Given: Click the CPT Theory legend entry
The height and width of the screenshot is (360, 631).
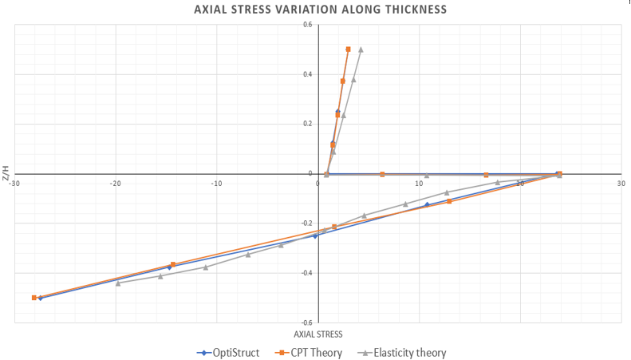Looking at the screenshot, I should click(x=309, y=352).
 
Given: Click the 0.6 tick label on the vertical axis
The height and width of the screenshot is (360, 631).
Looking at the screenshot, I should click(x=307, y=25).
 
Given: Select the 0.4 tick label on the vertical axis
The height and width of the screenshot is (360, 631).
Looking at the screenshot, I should click(x=307, y=74).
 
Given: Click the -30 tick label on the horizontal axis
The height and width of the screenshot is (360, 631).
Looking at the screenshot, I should click(x=14, y=183).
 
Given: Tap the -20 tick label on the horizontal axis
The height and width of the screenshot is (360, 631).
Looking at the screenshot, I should click(x=116, y=183).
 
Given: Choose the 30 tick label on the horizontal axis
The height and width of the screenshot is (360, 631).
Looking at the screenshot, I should click(x=621, y=183).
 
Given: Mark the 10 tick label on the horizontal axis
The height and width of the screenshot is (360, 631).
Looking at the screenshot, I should click(x=420, y=183).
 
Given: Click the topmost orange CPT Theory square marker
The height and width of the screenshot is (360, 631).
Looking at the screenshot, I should click(x=348, y=49).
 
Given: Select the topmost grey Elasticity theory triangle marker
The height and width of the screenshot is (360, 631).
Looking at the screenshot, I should click(x=361, y=49).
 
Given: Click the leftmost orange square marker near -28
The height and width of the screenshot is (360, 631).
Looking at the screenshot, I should click(x=34, y=298).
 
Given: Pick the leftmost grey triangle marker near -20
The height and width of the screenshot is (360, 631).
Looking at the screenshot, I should click(x=118, y=283).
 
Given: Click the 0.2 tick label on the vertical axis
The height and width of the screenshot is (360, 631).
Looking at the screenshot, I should click(x=307, y=124).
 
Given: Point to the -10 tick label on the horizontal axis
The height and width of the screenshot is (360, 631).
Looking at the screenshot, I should click(x=216, y=183).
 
